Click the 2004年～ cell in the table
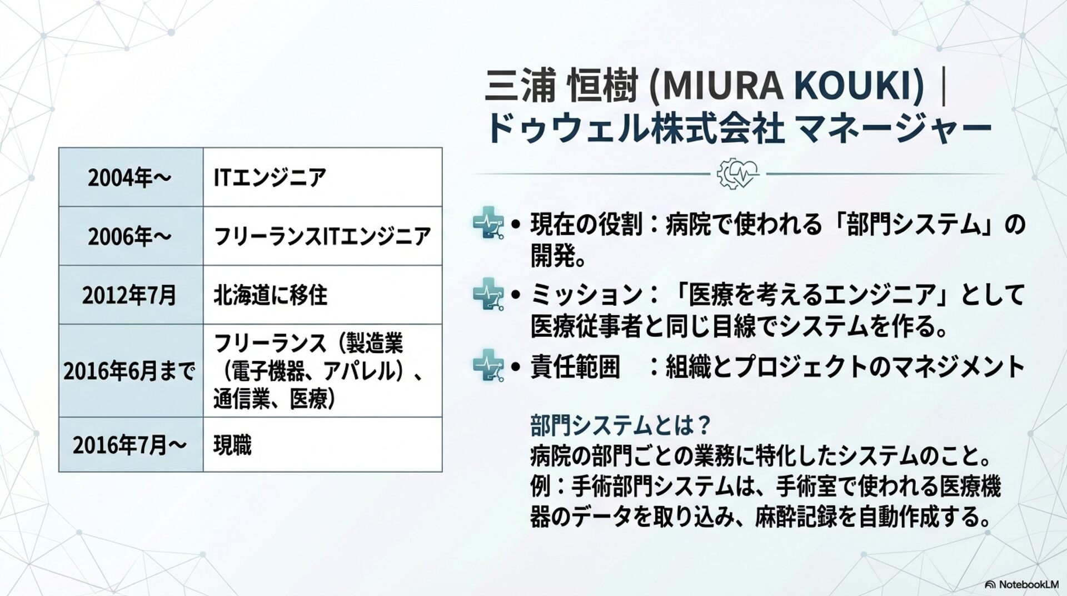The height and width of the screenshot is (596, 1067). [x=131, y=177]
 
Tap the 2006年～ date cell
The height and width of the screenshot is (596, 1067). [x=131, y=236]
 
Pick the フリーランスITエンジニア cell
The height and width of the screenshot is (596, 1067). [x=322, y=236]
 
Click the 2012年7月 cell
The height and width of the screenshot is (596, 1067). [x=131, y=295]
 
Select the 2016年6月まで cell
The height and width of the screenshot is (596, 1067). [x=131, y=371]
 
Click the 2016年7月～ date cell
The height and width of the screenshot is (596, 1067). [x=131, y=445]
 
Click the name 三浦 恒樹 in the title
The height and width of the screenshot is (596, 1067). [x=561, y=87]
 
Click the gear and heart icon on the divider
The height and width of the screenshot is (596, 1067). [x=737, y=173]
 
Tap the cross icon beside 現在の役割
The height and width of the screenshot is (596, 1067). [x=488, y=223]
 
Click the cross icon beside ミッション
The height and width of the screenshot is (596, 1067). [x=488, y=294]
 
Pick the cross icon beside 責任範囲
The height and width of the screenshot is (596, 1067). [x=488, y=365]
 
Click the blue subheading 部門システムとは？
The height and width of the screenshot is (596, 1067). [x=620, y=425]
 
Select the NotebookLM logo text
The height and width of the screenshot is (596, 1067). [x=1023, y=584]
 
